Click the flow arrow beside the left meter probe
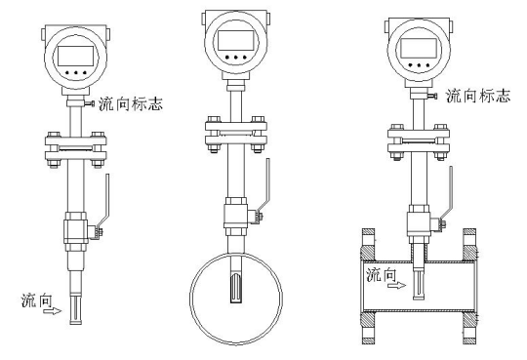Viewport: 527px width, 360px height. [53, 311]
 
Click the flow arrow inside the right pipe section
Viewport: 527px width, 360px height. [396, 286]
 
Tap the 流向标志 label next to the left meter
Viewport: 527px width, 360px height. [131, 103]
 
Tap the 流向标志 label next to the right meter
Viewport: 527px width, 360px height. [478, 96]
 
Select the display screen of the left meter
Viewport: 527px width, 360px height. [75, 56]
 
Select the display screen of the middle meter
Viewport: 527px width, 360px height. [235, 40]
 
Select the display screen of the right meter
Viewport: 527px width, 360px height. [419, 48]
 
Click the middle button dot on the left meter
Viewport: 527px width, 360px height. [76, 72]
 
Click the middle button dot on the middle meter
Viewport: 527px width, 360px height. [236, 58]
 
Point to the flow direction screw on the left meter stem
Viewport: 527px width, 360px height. [90, 103]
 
